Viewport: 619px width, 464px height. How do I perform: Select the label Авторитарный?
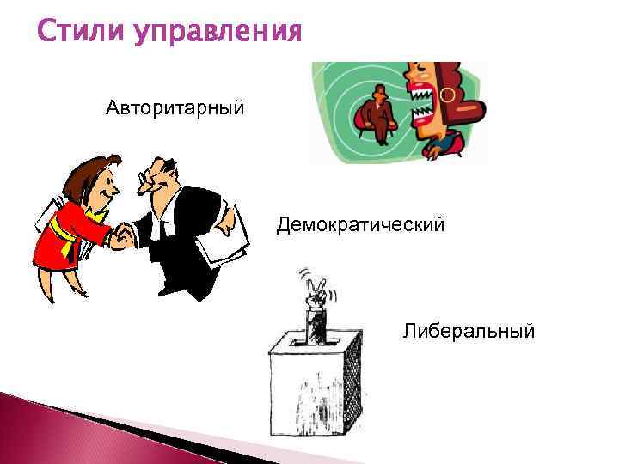point(175,108)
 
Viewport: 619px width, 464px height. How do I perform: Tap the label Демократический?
point(360,225)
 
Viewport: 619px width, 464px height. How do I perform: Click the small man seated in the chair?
point(377,116)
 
